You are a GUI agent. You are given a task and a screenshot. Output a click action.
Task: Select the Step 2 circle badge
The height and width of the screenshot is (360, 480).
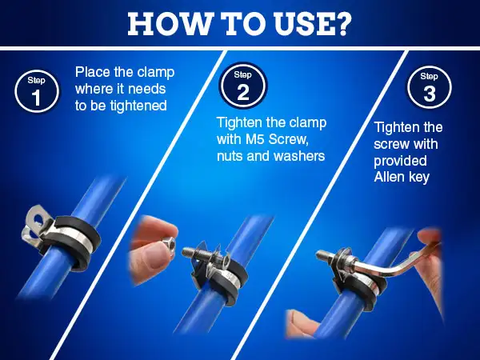click(243, 85)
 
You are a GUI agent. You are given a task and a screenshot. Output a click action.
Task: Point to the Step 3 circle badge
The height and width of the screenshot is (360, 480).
click(429, 87)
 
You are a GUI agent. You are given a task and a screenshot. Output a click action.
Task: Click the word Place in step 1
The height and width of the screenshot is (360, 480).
click(93, 72)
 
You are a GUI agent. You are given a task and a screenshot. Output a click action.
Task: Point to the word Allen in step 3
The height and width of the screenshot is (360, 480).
click(386, 177)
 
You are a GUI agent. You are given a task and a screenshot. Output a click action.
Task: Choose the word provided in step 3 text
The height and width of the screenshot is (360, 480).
click(400, 161)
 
